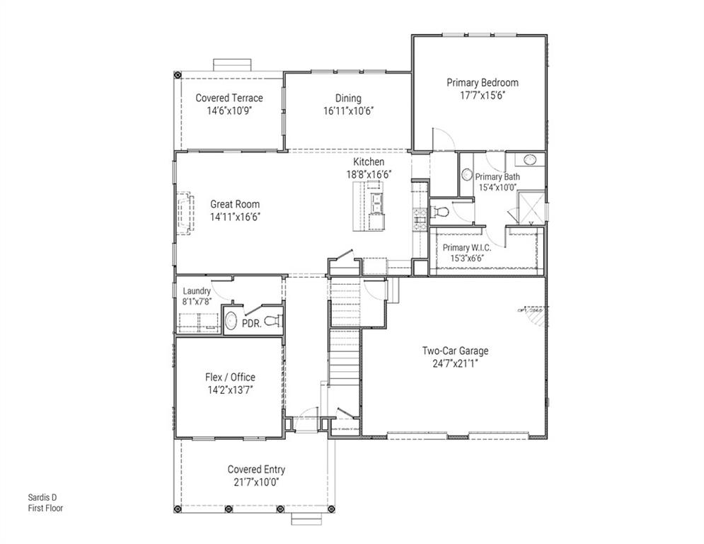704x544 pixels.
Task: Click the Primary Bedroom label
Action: point(483,83)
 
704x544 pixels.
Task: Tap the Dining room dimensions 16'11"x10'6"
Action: point(347,111)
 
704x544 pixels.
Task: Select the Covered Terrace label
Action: point(229,98)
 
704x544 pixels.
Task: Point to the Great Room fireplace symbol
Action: point(186,210)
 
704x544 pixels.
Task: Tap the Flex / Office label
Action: point(229,377)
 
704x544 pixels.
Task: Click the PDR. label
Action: point(252,323)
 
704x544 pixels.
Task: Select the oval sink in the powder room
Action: point(231,321)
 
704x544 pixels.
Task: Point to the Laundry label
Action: point(197,291)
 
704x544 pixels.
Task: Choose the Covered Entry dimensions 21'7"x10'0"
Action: point(256,483)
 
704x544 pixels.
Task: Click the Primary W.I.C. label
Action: point(466,247)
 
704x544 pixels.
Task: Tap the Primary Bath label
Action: point(497,177)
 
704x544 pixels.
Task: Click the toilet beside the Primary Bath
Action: point(440,210)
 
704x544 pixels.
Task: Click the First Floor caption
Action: point(45,508)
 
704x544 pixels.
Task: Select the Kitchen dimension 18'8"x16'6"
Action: point(369,174)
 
